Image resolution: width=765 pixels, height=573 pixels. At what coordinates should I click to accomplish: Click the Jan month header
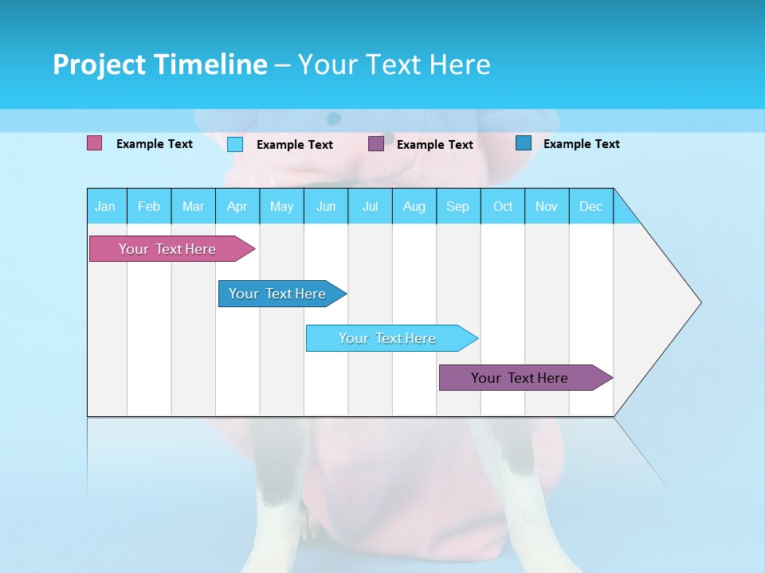106,206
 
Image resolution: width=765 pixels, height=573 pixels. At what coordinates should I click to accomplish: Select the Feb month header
149,206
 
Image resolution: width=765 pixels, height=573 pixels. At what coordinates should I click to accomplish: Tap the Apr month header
237,206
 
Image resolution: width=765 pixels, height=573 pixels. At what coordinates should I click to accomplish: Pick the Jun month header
326,206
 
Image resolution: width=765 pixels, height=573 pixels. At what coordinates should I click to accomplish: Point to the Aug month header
414,206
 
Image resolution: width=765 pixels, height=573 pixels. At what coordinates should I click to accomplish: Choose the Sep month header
458,206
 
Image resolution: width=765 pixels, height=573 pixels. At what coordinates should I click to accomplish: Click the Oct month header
503,206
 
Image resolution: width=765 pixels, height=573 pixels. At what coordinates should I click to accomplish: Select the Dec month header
591,206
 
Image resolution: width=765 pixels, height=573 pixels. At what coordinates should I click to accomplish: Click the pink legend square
95,143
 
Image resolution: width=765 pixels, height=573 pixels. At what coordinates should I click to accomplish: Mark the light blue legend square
235,144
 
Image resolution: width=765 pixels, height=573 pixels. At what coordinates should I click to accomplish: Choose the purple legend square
376,144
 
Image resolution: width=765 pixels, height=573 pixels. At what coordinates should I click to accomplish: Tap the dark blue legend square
524,143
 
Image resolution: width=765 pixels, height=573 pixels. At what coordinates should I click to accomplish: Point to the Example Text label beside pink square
155,144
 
